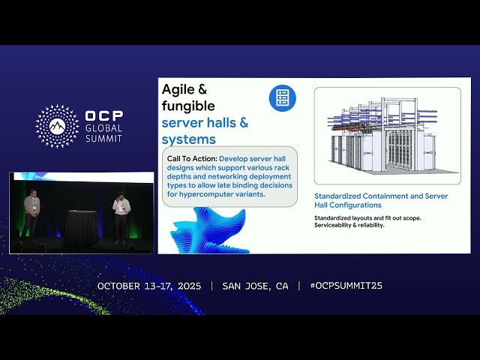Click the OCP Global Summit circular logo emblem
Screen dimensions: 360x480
click(x=57, y=125)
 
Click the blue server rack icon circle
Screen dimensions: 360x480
click(x=282, y=97)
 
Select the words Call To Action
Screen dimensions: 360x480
click(x=190, y=158)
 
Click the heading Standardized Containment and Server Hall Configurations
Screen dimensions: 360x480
click(x=370, y=200)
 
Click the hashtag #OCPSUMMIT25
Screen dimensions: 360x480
click(x=346, y=286)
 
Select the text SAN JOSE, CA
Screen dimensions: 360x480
click(x=255, y=286)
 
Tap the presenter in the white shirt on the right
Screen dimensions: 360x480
click(x=121, y=217)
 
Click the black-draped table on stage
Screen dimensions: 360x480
click(x=81, y=228)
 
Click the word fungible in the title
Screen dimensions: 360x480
click(x=188, y=106)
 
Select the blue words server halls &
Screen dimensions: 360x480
click(x=205, y=122)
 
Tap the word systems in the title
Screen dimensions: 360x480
click(x=189, y=139)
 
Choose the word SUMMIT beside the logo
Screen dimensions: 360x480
click(x=104, y=139)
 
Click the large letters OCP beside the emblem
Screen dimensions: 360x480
click(x=104, y=117)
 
